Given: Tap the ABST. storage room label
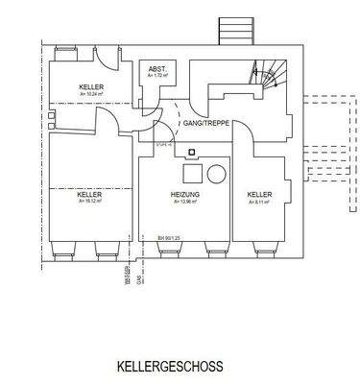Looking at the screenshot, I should click(x=156, y=70).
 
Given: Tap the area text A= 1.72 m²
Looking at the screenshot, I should click(x=156, y=77).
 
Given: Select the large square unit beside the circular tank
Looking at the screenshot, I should click(x=192, y=173).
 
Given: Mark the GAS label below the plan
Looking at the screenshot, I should click(x=140, y=279).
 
